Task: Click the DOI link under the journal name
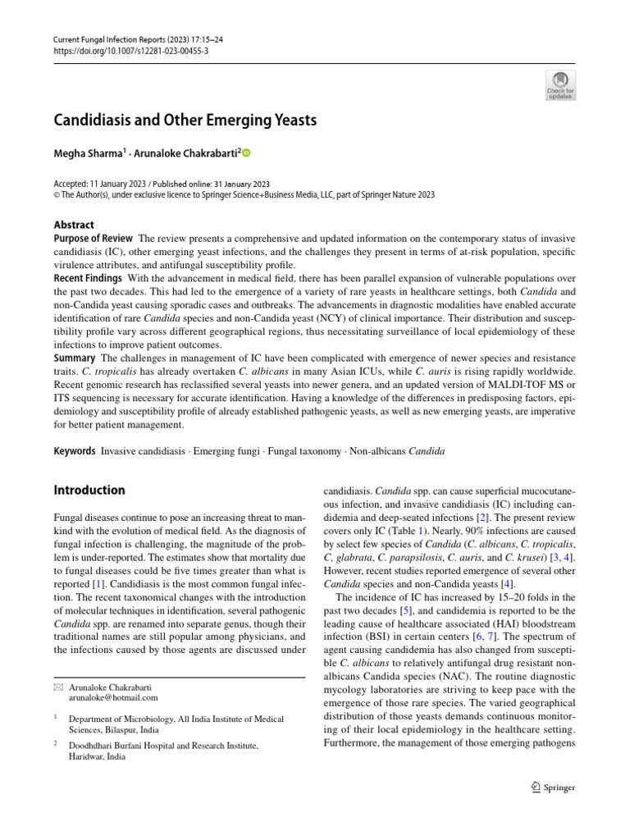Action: point(131,50)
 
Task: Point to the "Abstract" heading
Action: point(74,225)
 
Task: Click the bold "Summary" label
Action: point(75,358)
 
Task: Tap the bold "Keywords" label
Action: point(75,452)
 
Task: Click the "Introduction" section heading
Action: point(89,491)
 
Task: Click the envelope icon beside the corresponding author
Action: point(58,686)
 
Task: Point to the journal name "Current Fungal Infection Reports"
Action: point(109,39)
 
